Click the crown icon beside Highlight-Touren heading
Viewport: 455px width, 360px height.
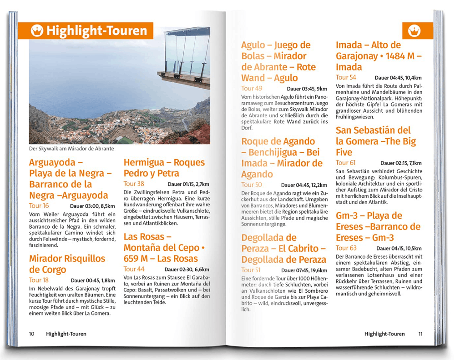click(37, 31)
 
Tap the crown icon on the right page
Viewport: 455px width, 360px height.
click(417, 31)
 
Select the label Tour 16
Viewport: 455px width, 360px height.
click(39, 206)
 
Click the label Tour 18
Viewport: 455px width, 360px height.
click(39, 280)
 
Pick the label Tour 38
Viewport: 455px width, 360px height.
click(134, 184)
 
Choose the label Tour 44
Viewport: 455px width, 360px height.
click(134, 269)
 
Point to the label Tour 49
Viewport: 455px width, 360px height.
click(252, 89)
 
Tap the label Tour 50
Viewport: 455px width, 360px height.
click(252, 185)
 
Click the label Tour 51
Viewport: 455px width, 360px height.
click(251, 270)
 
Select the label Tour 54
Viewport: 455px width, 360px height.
click(346, 78)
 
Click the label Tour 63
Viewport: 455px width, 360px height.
click(346, 248)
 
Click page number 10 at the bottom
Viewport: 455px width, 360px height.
click(31, 334)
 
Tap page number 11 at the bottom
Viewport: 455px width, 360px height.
click(420, 334)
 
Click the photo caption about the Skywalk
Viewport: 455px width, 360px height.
click(71, 149)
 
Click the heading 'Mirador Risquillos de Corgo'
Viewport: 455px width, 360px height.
click(67, 264)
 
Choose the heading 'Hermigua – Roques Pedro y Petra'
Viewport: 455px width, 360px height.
click(164, 168)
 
